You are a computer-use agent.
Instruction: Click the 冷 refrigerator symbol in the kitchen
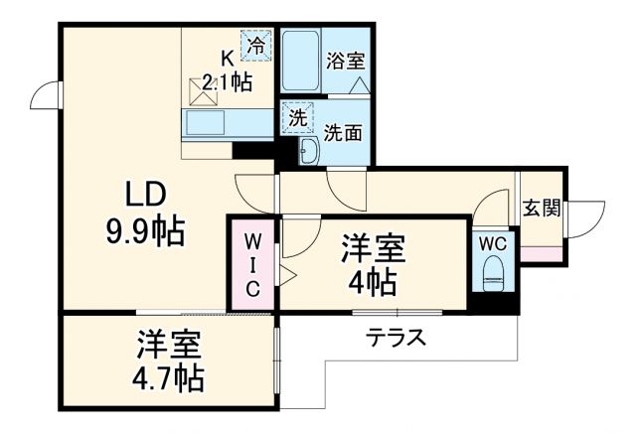point(256,44)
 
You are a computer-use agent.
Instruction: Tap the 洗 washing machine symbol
point(296,117)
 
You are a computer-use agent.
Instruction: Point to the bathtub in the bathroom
point(300,62)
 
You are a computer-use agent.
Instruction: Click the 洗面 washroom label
point(343,132)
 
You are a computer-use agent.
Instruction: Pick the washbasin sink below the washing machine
point(308,150)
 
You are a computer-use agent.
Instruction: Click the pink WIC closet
point(253,264)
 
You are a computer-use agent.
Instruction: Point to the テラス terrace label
point(397,338)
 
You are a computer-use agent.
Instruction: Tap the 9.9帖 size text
point(143,230)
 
